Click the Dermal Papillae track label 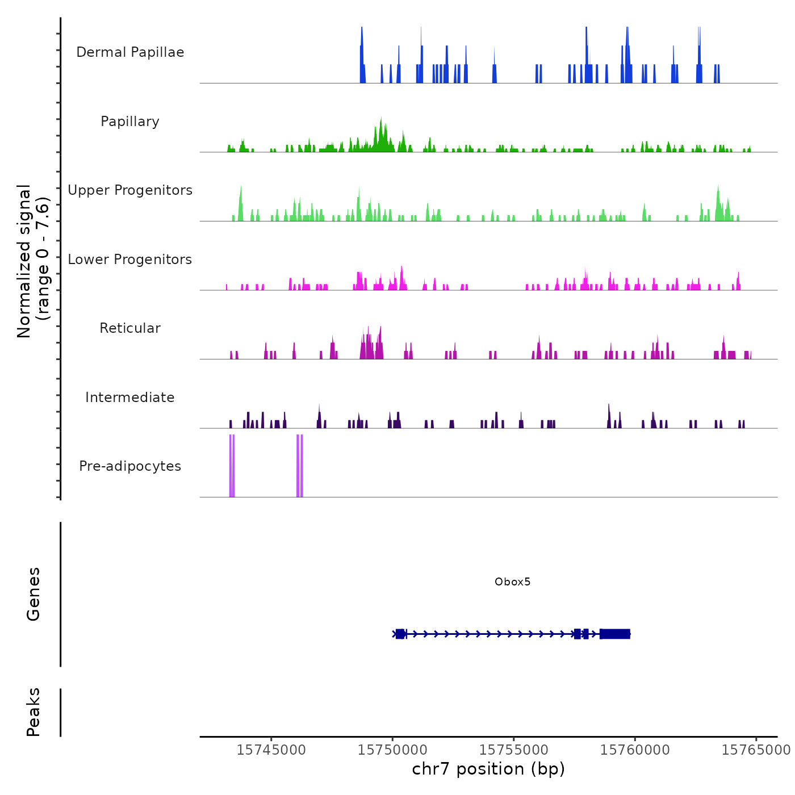point(130,52)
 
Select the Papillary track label point(130,122)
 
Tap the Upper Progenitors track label point(130,190)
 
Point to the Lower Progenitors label point(130,260)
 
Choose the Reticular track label point(130,328)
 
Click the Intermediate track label point(130,397)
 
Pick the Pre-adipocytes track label point(130,466)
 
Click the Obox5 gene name point(512,581)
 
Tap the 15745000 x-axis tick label point(271,750)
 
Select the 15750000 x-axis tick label point(392,750)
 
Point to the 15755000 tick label point(514,750)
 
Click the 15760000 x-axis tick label point(635,750)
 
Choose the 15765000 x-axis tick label point(756,750)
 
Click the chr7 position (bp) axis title point(488,769)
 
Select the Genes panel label point(34,593)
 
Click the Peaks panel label point(34,712)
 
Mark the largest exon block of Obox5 point(615,634)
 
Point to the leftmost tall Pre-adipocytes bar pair point(232,466)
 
